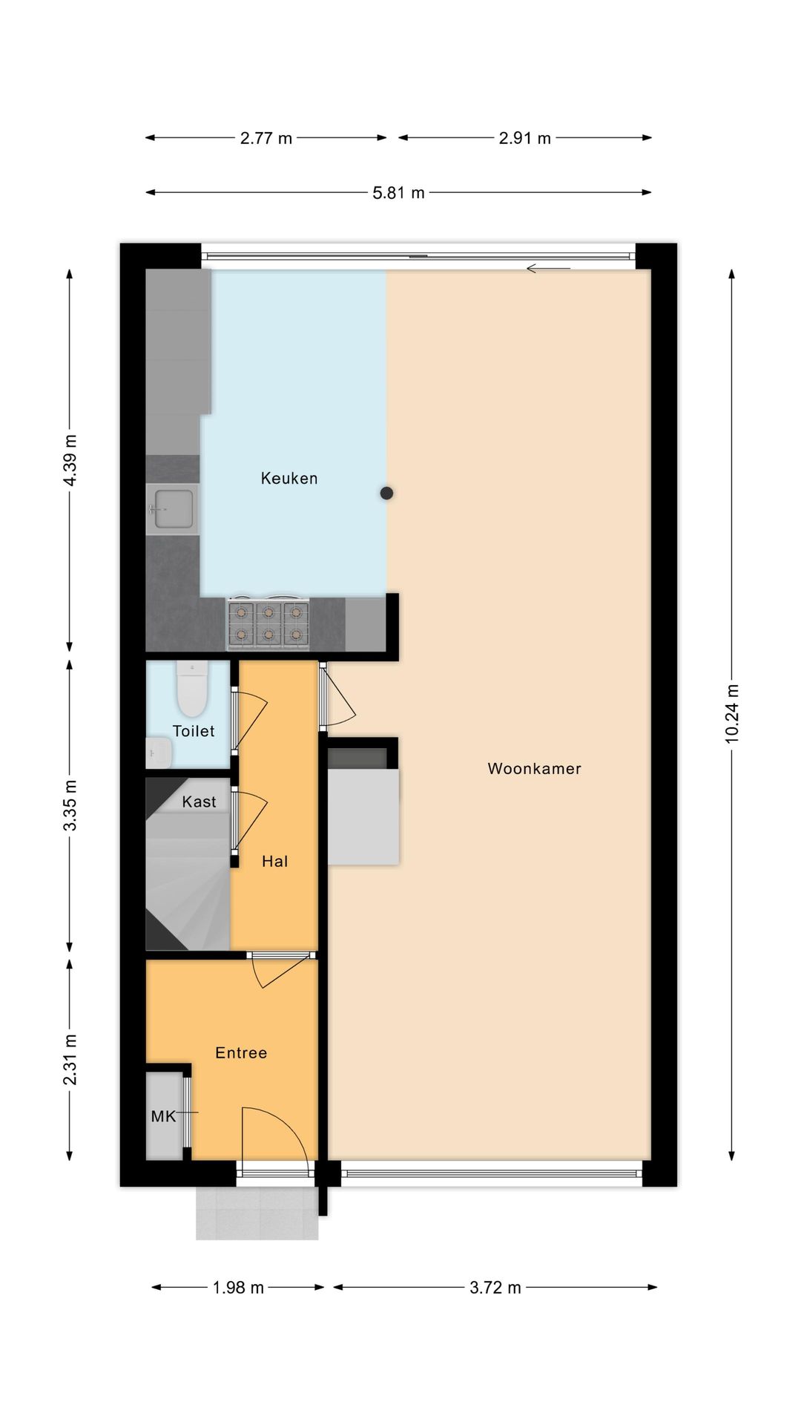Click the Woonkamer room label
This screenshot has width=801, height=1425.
click(534, 769)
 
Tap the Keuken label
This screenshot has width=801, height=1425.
click(289, 479)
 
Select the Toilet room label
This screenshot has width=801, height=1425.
click(194, 731)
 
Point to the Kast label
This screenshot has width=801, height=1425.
click(199, 802)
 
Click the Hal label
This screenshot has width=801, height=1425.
click(274, 861)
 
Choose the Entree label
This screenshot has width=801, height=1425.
click(241, 1052)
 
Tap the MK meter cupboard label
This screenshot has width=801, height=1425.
click(163, 1116)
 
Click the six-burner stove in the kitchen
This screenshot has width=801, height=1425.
click(268, 623)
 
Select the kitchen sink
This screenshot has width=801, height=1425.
click(172, 509)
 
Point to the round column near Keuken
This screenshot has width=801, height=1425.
click(386, 493)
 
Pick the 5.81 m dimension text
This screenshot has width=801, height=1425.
click(398, 193)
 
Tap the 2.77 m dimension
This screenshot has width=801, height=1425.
click(266, 138)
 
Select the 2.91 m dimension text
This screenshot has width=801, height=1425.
click(525, 138)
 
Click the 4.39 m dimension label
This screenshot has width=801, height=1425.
click(70, 461)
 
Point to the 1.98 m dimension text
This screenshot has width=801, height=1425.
click(238, 1288)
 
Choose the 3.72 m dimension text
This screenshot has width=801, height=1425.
click(495, 1288)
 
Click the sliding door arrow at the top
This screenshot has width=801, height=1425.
click(548, 268)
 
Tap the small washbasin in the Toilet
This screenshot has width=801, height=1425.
click(159, 753)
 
